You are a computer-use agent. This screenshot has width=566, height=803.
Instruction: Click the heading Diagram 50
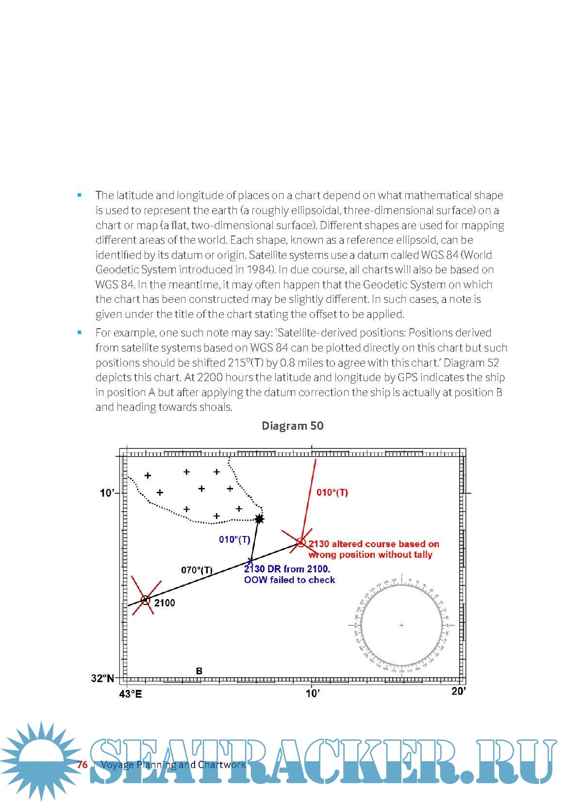[292, 426]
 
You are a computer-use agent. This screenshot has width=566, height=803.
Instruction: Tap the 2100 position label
[165, 603]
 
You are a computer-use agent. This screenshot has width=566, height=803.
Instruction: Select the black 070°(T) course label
[197, 570]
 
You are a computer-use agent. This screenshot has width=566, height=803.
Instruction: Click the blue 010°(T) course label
[234, 539]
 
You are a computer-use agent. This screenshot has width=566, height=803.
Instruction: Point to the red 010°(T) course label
[332, 492]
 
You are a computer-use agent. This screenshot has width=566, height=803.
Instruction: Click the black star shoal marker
[260, 519]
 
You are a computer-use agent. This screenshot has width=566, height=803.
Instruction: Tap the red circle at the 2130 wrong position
[301, 542]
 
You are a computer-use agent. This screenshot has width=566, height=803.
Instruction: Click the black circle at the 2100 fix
[145, 600]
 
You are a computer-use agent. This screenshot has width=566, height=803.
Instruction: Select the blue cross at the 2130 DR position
[250, 560]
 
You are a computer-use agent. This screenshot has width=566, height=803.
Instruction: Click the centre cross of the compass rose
[401, 625]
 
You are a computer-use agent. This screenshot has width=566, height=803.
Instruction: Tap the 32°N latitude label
[102, 678]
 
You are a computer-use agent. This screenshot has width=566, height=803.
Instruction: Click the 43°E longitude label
[131, 694]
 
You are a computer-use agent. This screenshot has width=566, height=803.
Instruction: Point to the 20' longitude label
[458, 691]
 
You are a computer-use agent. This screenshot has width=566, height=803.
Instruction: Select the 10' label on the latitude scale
[107, 493]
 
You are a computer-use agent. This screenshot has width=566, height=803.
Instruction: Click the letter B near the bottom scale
[199, 671]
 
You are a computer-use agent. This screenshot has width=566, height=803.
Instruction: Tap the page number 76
[82, 765]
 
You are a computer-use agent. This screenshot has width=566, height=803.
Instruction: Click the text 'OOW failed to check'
[289, 580]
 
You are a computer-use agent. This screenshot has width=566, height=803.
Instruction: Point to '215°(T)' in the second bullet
[245, 363]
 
